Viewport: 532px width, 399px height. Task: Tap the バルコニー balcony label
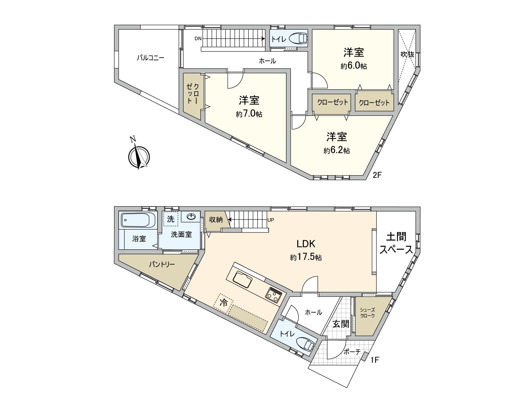tap(151, 58)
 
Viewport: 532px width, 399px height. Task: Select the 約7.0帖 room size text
tap(249, 114)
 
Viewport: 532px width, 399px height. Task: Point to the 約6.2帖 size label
tap(336, 150)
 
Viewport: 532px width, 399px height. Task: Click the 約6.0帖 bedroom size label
tap(353, 66)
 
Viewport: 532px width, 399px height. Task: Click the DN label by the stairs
tap(198, 39)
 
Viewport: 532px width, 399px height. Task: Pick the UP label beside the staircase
tap(271, 220)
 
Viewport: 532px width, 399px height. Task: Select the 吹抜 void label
tap(407, 54)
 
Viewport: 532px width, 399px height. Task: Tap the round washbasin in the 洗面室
tap(191, 217)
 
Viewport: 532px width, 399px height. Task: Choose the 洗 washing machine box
tap(171, 219)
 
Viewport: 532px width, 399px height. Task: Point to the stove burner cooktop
tap(273, 294)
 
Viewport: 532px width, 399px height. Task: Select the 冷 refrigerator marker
tap(224, 303)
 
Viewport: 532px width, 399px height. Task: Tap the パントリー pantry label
tap(162, 265)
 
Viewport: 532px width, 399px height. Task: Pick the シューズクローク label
tap(367, 313)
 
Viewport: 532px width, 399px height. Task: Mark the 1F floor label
tap(374, 360)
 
